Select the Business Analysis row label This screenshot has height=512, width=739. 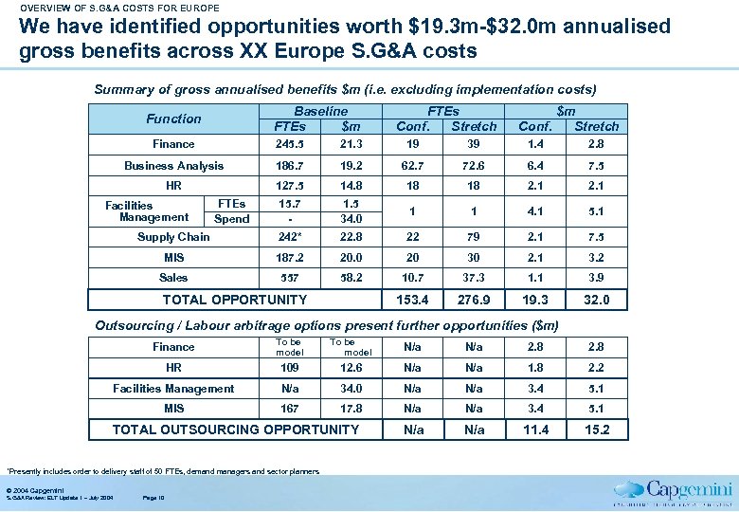174,166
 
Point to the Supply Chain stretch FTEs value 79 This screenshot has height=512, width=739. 474,237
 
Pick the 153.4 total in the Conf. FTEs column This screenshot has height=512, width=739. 412,300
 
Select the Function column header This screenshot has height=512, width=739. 173,119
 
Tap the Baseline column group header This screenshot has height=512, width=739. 320,112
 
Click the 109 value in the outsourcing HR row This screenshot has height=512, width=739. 289,368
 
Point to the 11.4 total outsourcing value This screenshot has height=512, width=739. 536,430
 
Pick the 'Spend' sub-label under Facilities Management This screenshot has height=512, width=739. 232,219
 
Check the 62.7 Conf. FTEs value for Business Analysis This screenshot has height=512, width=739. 412,166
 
